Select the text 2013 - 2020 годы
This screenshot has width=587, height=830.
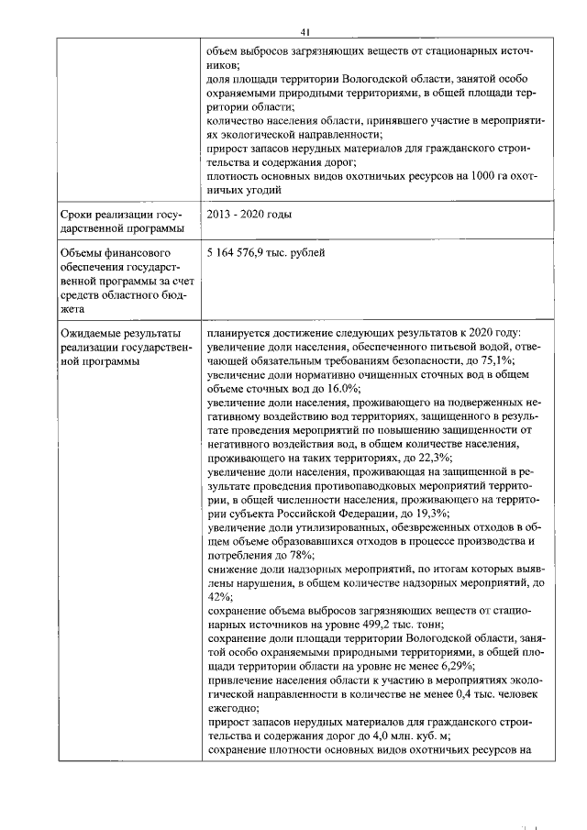249,215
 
